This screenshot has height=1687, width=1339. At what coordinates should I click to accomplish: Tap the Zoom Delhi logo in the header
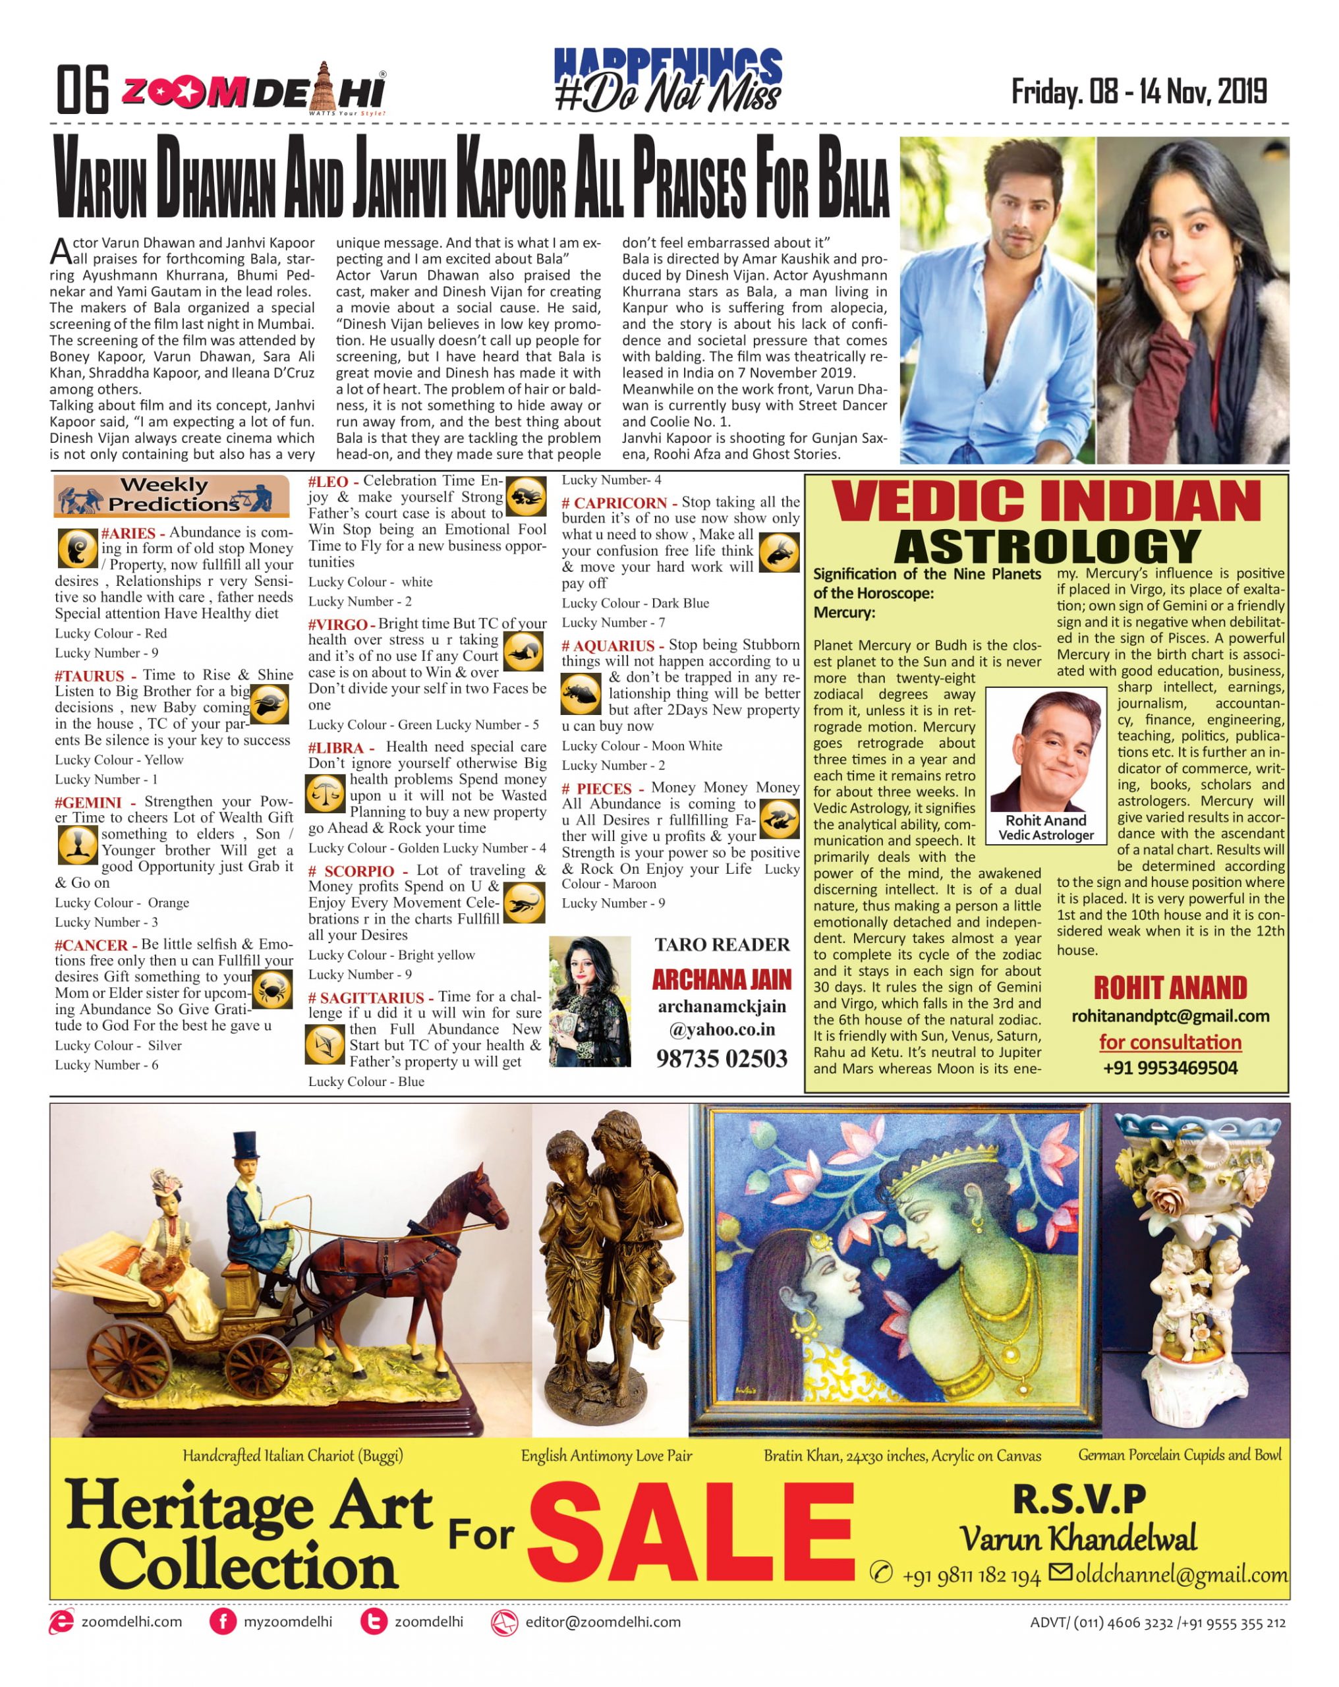coord(253,92)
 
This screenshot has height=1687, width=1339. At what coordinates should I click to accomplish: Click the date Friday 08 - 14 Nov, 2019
coord(1138,92)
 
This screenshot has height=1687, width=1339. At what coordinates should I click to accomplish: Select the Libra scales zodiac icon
coord(324,794)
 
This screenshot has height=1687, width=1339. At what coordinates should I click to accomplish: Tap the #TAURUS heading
coord(89,675)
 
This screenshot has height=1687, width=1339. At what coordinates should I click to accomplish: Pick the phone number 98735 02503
coord(721,1059)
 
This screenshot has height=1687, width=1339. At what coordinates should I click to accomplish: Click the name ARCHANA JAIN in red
coord(722,980)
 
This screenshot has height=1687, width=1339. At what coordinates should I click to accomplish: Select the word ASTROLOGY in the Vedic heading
coord(1046,546)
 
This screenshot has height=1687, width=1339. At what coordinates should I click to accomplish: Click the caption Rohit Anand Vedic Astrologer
coord(1046,827)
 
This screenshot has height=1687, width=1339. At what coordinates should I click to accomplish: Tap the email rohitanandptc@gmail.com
coord(1169,1016)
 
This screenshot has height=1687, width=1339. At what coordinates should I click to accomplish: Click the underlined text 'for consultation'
coord(1169,1043)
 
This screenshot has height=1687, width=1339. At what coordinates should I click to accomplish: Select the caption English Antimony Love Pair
coord(606,1456)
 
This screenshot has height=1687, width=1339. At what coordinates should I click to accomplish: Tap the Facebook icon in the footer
coord(222,1621)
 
